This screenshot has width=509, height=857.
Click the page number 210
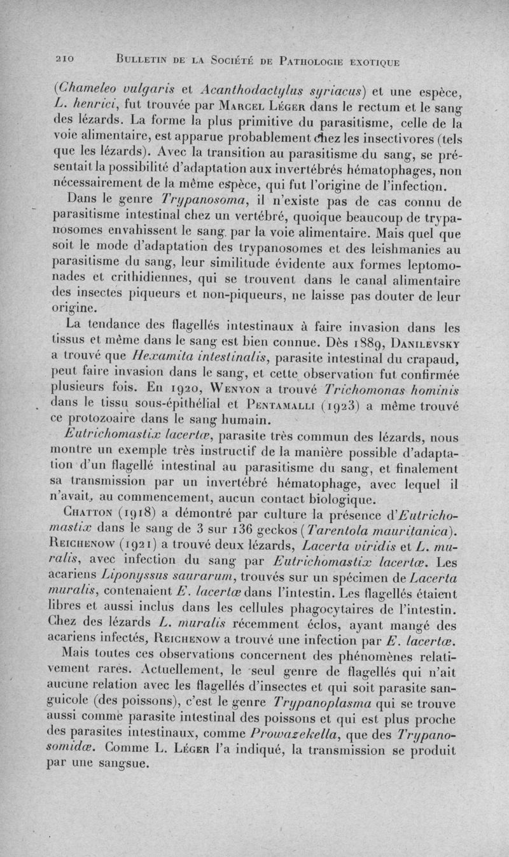tap(64, 61)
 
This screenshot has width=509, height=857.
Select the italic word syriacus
tap(342, 87)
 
